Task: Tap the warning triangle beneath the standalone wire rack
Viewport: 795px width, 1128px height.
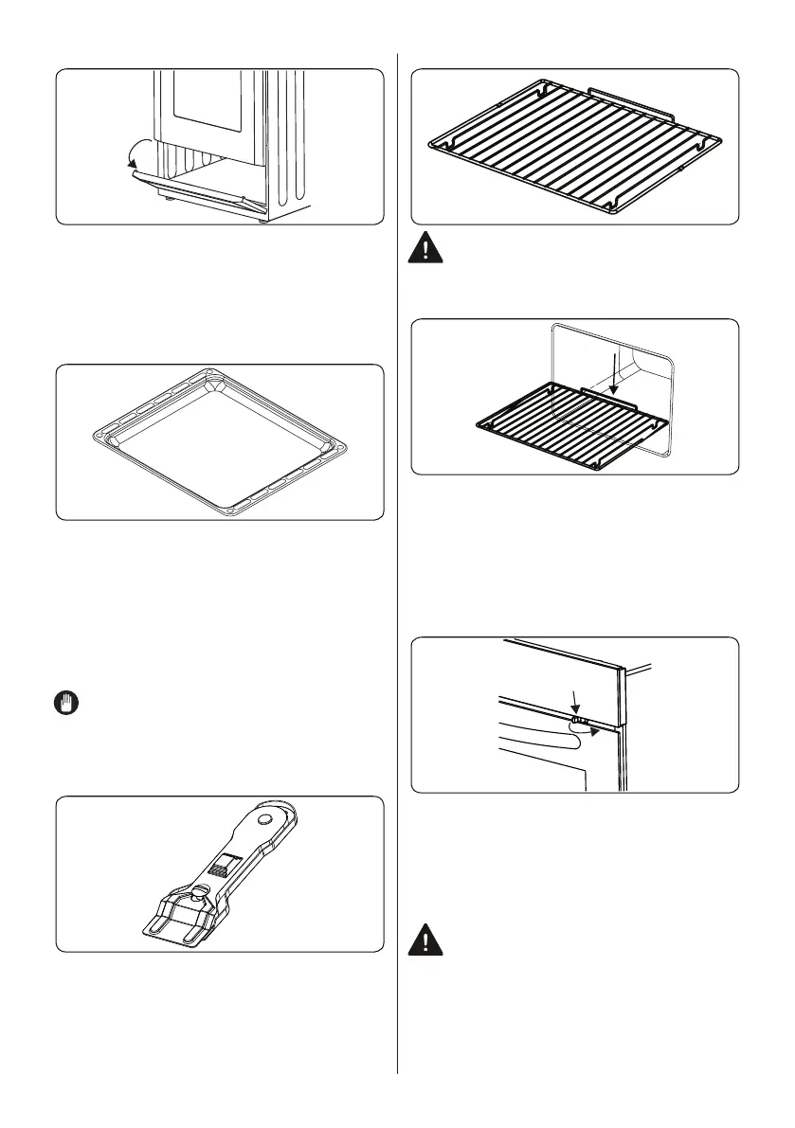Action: coord(425,250)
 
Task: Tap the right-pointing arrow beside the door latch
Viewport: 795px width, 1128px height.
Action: coord(592,730)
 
